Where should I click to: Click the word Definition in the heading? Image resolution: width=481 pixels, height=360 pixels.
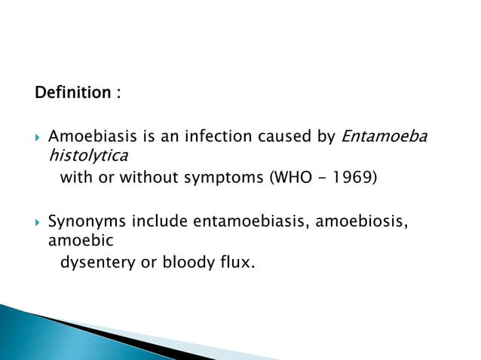(x=72, y=93)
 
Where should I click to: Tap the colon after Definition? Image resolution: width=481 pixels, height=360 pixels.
(x=118, y=94)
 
